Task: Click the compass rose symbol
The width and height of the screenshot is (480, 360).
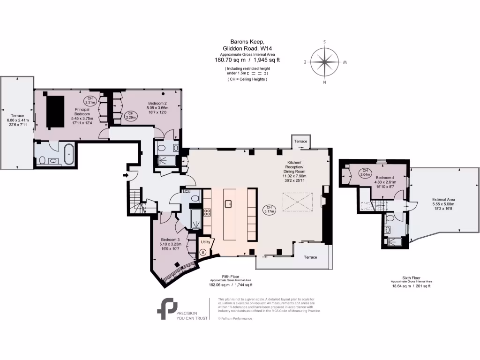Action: click(325, 62)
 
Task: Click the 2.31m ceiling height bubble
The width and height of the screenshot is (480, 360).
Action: click(90, 100)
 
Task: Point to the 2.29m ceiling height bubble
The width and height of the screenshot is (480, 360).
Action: click(131, 116)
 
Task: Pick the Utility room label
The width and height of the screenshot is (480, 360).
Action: click(205, 242)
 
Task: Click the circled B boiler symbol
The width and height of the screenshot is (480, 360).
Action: click(203, 252)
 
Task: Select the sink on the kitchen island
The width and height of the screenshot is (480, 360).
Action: click(229, 203)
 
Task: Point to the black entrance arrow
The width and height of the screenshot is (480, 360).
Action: click(126, 175)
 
